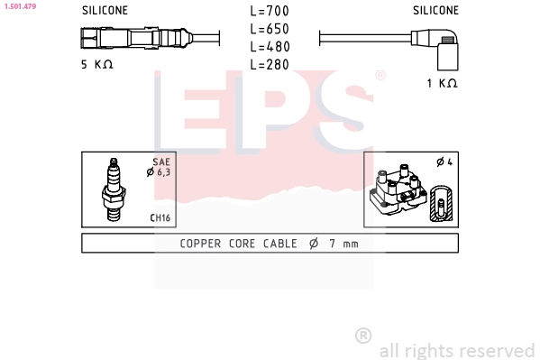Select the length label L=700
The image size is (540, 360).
270,12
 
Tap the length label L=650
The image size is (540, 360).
270,29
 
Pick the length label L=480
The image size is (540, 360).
270,47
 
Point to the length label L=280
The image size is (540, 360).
270,64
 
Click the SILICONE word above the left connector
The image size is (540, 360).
105,11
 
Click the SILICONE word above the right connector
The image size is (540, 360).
435,11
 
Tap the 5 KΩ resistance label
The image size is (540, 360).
96,65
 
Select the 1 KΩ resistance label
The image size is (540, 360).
442,83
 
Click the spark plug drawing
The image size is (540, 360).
114,189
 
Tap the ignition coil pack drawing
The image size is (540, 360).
397,190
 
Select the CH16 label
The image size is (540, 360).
160,217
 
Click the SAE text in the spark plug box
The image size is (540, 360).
160,162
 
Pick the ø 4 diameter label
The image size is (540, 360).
443,162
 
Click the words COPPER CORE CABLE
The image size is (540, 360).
238,244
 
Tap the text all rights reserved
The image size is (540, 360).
456,349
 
